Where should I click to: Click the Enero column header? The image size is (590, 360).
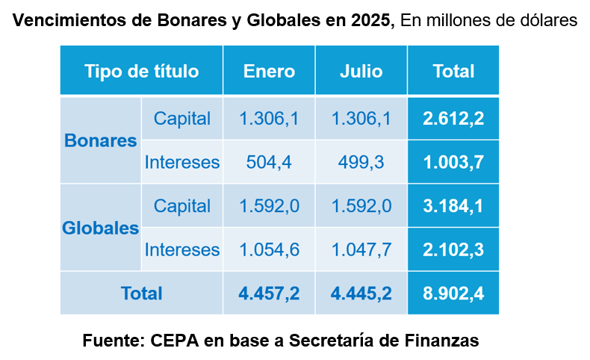(x=269, y=72)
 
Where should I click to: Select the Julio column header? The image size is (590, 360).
(x=361, y=72)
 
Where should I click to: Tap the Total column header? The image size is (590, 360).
(x=453, y=72)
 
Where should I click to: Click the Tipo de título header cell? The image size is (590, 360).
(x=142, y=72)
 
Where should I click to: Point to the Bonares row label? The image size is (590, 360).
(x=101, y=140)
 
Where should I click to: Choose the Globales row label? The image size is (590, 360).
(x=101, y=228)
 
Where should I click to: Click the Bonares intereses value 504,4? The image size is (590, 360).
(x=269, y=162)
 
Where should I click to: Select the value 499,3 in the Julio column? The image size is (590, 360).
(x=361, y=162)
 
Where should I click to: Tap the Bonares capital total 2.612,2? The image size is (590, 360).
(x=453, y=119)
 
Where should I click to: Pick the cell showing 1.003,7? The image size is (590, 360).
(x=453, y=162)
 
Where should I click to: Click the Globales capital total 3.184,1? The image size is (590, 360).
(x=453, y=206)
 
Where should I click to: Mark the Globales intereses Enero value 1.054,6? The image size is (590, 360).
(x=269, y=249)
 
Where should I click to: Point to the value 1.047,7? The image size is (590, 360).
(x=361, y=249)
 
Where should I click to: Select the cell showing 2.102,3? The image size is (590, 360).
(x=453, y=249)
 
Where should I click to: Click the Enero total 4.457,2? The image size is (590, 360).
(x=269, y=294)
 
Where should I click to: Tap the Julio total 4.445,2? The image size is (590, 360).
(x=361, y=294)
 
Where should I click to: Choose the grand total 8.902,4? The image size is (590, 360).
(x=453, y=294)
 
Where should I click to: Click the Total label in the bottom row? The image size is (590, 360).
(x=142, y=294)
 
